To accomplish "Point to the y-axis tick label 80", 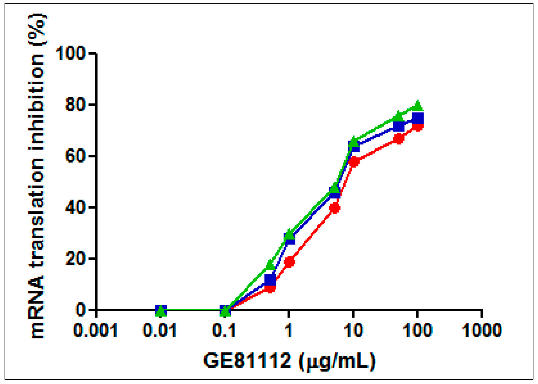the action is pyautogui.click(x=76, y=105).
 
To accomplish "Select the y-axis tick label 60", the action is pyautogui.click(x=76, y=156).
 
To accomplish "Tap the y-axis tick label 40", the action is pyautogui.click(x=76, y=207).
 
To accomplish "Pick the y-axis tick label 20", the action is pyautogui.click(x=76, y=258).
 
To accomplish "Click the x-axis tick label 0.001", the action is pyautogui.click(x=95, y=330).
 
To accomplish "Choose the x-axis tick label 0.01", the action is pyautogui.click(x=160, y=330).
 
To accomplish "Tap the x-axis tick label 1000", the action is pyautogui.click(x=482, y=330).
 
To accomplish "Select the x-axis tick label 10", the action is pyautogui.click(x=353, y=330).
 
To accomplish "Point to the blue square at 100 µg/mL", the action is pyautogui.click(x=418, y=118).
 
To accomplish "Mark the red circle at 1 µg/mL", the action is pyautogui.click(x=289, y=262).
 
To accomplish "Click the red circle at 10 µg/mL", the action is pyautogui.click(x=354, y=162).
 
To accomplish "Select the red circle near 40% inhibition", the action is pyautogui.click(x=335, y=208).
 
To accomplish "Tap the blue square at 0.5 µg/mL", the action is pyautogui.click(x=270, y=280).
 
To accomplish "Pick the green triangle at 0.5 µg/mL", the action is pyautogui.click(x=270, y=265).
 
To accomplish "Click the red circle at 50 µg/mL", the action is pyautogui.click(x=399, y=139).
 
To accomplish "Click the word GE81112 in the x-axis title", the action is pyautogui.click(x=248, y=361).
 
